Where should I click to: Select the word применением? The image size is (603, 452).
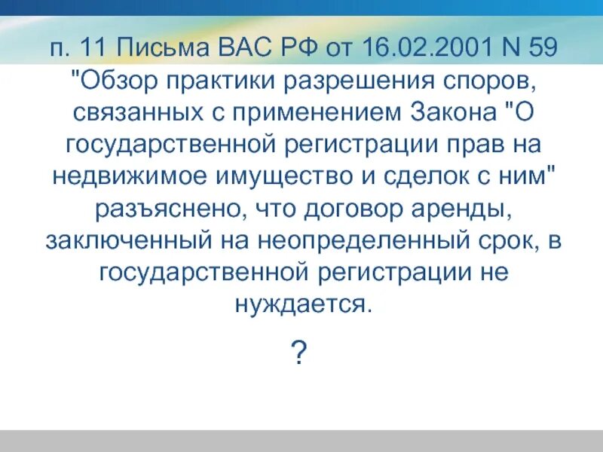[x=313, y=113]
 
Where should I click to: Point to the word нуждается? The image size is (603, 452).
[x=301, y=304]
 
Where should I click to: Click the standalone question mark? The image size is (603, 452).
[x=301, y=351]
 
